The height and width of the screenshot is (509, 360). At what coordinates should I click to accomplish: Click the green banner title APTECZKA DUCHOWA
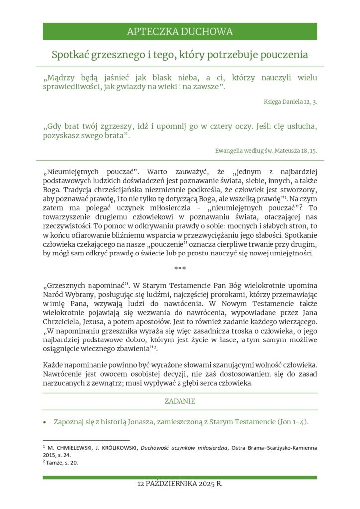(180, 32)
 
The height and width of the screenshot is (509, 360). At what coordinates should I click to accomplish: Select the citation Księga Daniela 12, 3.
(290, 102)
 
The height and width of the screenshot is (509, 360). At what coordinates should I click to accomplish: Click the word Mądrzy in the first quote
(61, 78)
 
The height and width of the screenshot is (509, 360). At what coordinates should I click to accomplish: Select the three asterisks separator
(180, 269)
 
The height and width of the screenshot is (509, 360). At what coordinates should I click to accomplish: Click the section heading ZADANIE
(180, 401)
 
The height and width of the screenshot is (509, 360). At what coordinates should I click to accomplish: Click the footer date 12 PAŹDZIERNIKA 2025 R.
(180, 484)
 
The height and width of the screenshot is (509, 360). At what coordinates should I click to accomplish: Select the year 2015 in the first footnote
(51, 455)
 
